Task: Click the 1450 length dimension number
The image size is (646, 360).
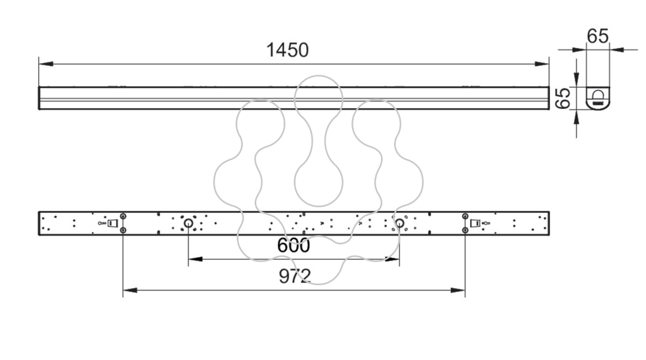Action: (287, 50)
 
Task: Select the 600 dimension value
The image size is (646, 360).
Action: (293, 245)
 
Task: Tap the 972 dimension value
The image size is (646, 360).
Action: (295, 276)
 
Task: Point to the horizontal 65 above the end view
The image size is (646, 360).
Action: (598, 36)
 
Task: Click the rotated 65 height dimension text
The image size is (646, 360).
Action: (563, 98)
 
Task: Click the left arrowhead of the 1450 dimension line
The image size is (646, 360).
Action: (46, 63)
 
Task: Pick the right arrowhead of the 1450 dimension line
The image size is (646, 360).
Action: (542, 63)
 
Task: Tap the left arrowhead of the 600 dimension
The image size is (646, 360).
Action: (195, 259)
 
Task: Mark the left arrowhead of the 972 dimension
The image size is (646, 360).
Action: (130, 290)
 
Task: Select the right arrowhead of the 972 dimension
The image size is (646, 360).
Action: (458, 290)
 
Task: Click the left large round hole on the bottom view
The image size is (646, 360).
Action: (188, 223)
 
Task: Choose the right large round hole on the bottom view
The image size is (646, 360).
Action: (399, 223)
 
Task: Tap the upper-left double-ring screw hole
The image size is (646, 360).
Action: (123, 216)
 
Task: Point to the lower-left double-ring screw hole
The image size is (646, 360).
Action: (123, 230)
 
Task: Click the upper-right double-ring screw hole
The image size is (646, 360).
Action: (465, 216)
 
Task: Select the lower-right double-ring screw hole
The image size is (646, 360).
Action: (465, 230)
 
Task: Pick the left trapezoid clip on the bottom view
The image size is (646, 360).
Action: (113, 223)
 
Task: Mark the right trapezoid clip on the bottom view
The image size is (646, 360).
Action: (475, 223)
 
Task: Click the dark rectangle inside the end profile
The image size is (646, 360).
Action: (598, 103)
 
